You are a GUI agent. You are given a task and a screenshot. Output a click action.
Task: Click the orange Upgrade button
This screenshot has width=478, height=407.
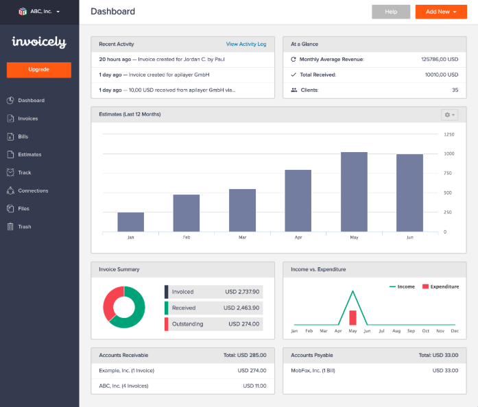pyautogui.click(x=39, y=70)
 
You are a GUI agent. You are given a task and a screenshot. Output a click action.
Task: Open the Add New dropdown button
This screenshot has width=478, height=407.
pyautogui.click(x=441, y=12)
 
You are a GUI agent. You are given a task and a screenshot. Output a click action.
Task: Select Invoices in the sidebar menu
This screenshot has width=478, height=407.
pyautogui.click(x=27, y=119)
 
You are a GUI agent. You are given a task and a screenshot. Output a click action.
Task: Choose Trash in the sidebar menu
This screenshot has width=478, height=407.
pyautogui.click(x=24, y=227)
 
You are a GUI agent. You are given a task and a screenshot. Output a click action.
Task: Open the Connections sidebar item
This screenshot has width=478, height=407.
pyautogui.click(x=32, y=190)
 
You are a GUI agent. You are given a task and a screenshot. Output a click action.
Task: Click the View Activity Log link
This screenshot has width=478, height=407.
pyautogui.click(x=246, y=44)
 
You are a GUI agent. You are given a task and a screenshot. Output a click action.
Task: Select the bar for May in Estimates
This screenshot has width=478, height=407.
pyautogui.click(x=354, y=192)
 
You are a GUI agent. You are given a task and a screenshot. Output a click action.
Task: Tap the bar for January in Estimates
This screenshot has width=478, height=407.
pyautogui.click(x=130, y=222)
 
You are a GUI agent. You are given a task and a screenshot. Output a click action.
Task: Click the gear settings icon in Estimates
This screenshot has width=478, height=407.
pyautogui.click(x=450, y=114)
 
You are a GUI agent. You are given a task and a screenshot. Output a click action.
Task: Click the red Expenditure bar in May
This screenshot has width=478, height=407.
pyautogui.click(x=353, y=317)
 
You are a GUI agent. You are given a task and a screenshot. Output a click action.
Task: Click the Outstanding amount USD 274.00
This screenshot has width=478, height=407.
pyautogui.click(x=243, y=324)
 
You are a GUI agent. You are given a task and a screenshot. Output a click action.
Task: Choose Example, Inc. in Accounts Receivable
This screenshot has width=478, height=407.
pyautogui.click(x=126, y=371)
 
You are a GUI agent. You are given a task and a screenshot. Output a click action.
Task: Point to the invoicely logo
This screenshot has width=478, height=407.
pyautogui.click(x=39, y=42)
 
